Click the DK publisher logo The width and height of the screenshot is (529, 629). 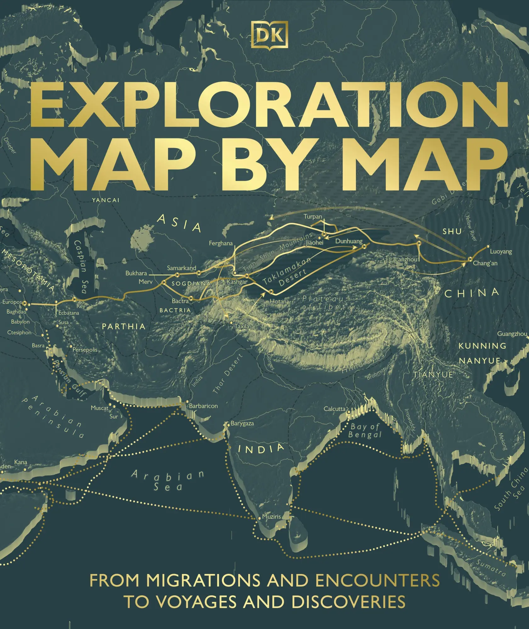tap(269, 34)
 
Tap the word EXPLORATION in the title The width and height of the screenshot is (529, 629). tap(269, 105)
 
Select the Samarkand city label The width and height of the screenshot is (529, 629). tap(181, 268)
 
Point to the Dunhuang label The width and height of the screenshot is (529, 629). tap(349, 241)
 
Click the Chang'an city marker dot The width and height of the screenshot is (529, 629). tap(470, 259)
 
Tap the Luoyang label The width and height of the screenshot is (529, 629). tap(501, 252)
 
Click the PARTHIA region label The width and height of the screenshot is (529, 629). tap(124, 326)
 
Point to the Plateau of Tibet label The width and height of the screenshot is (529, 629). tap(323, 303)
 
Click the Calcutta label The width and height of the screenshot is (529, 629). tap(335, 409)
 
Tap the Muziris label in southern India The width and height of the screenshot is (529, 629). tap(271, 516)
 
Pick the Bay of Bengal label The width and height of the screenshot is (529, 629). tap(365, 431)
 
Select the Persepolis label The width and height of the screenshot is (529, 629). tap(85, 350)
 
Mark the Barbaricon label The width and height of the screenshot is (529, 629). tap(203, 406)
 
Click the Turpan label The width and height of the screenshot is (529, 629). tap(313, 217)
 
